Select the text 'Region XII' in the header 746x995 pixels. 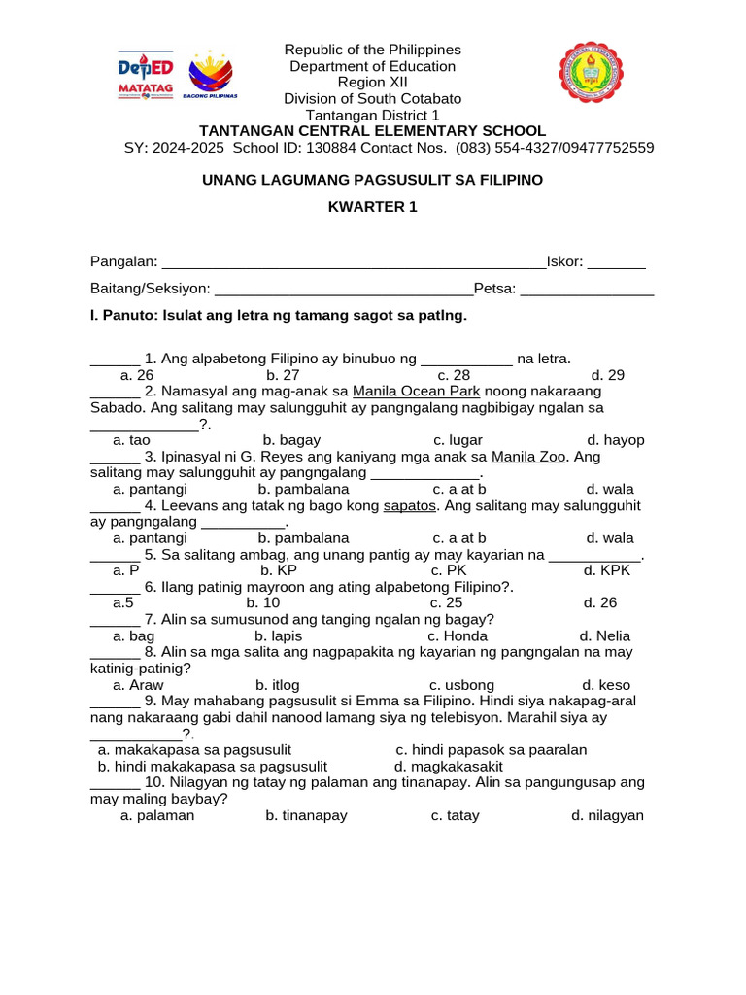click(372, 83)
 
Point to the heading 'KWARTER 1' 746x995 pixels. click(372, 208)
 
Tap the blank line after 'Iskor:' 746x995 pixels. click(617, 263)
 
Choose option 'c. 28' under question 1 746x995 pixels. click(454, 375)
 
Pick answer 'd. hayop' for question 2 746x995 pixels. click(616, 440)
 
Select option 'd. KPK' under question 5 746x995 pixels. click(607, 570)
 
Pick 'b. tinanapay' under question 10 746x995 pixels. click(306, 816)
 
